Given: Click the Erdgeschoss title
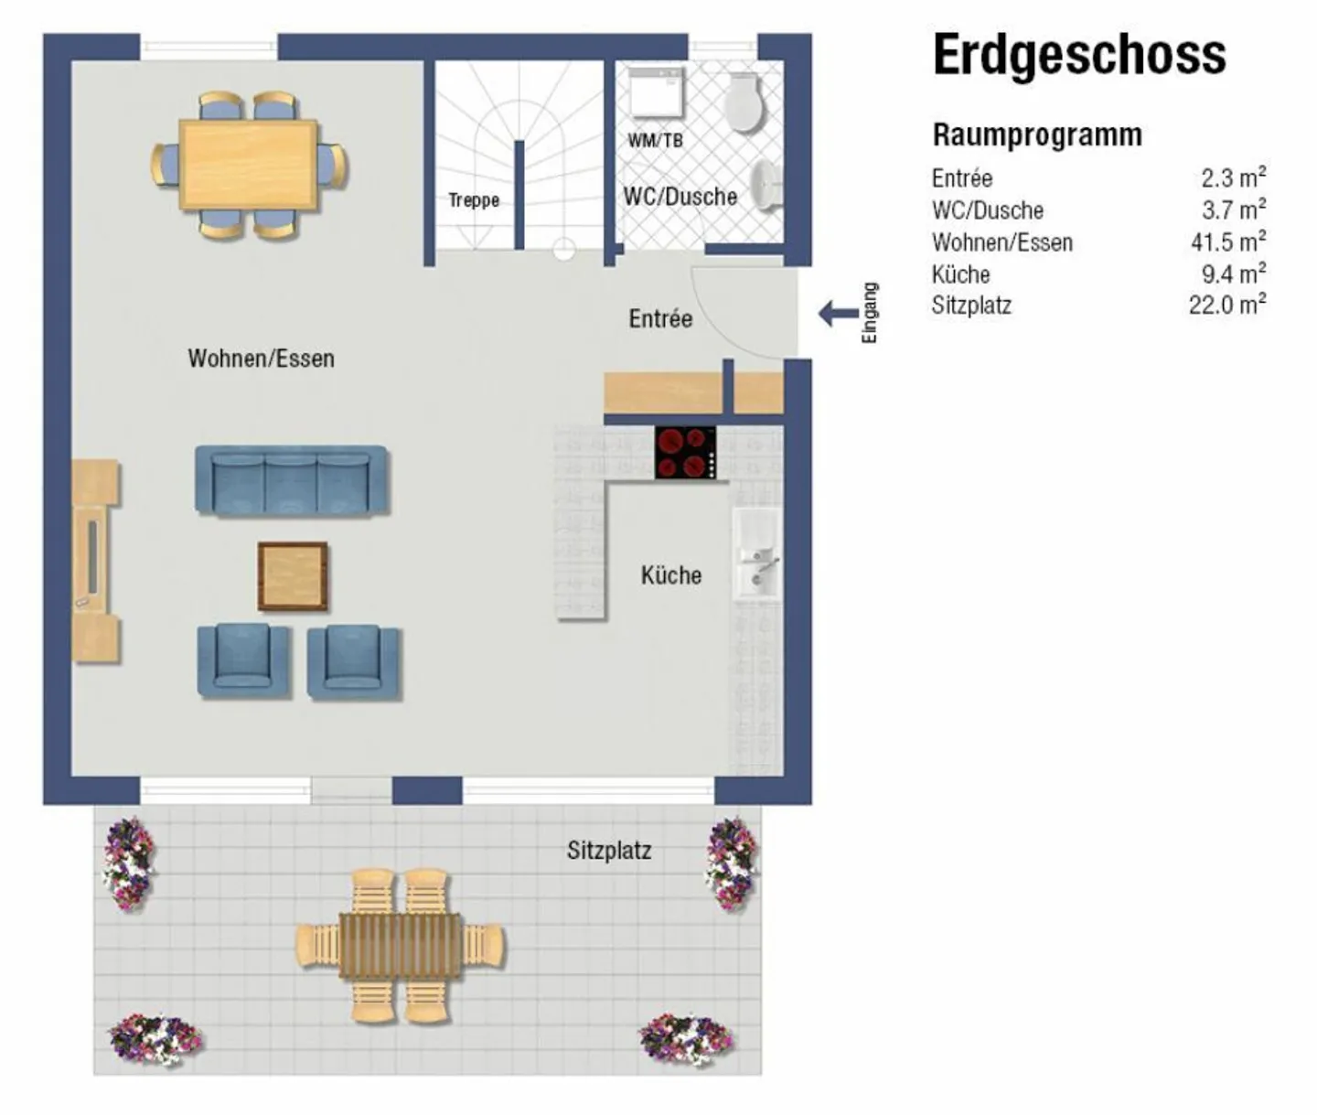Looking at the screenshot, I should click(x=1078, y=55).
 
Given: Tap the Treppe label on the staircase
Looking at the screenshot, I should click(x=473, y=200).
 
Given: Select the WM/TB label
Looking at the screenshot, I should click(x=655, y=141).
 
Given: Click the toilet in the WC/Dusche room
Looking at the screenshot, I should click(x=744, y=102).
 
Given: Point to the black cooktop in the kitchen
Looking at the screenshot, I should click(x=685, y=453).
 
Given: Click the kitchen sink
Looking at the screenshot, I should click(x=755, y=554).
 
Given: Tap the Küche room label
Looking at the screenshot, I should click(x=670, y=575).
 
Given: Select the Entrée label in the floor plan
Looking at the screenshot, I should click(x=659, y=318).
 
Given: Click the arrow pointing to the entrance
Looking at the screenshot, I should click(x=837, y=314).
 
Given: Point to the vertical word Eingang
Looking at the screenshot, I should click(x=870, y=313).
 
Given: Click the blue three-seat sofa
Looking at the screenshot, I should click(x=292, y=480).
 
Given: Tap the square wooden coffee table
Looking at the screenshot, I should click(x=293, y=576).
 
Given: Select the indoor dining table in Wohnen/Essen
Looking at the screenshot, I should click(x=249, y=166).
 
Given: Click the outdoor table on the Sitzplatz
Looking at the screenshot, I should click(x=400, y=945).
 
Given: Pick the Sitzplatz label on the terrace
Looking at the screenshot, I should click(x=609, y=851).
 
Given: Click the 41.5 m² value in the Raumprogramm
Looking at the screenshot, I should click(x=1227, y=242).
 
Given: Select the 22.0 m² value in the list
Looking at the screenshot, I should click(x=1226, y=305).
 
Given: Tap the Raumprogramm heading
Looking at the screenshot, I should click(x=1036, y=134).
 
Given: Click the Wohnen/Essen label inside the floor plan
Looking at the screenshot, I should click(x=261, y=359).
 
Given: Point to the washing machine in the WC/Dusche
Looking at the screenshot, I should click(x=655, y=92).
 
